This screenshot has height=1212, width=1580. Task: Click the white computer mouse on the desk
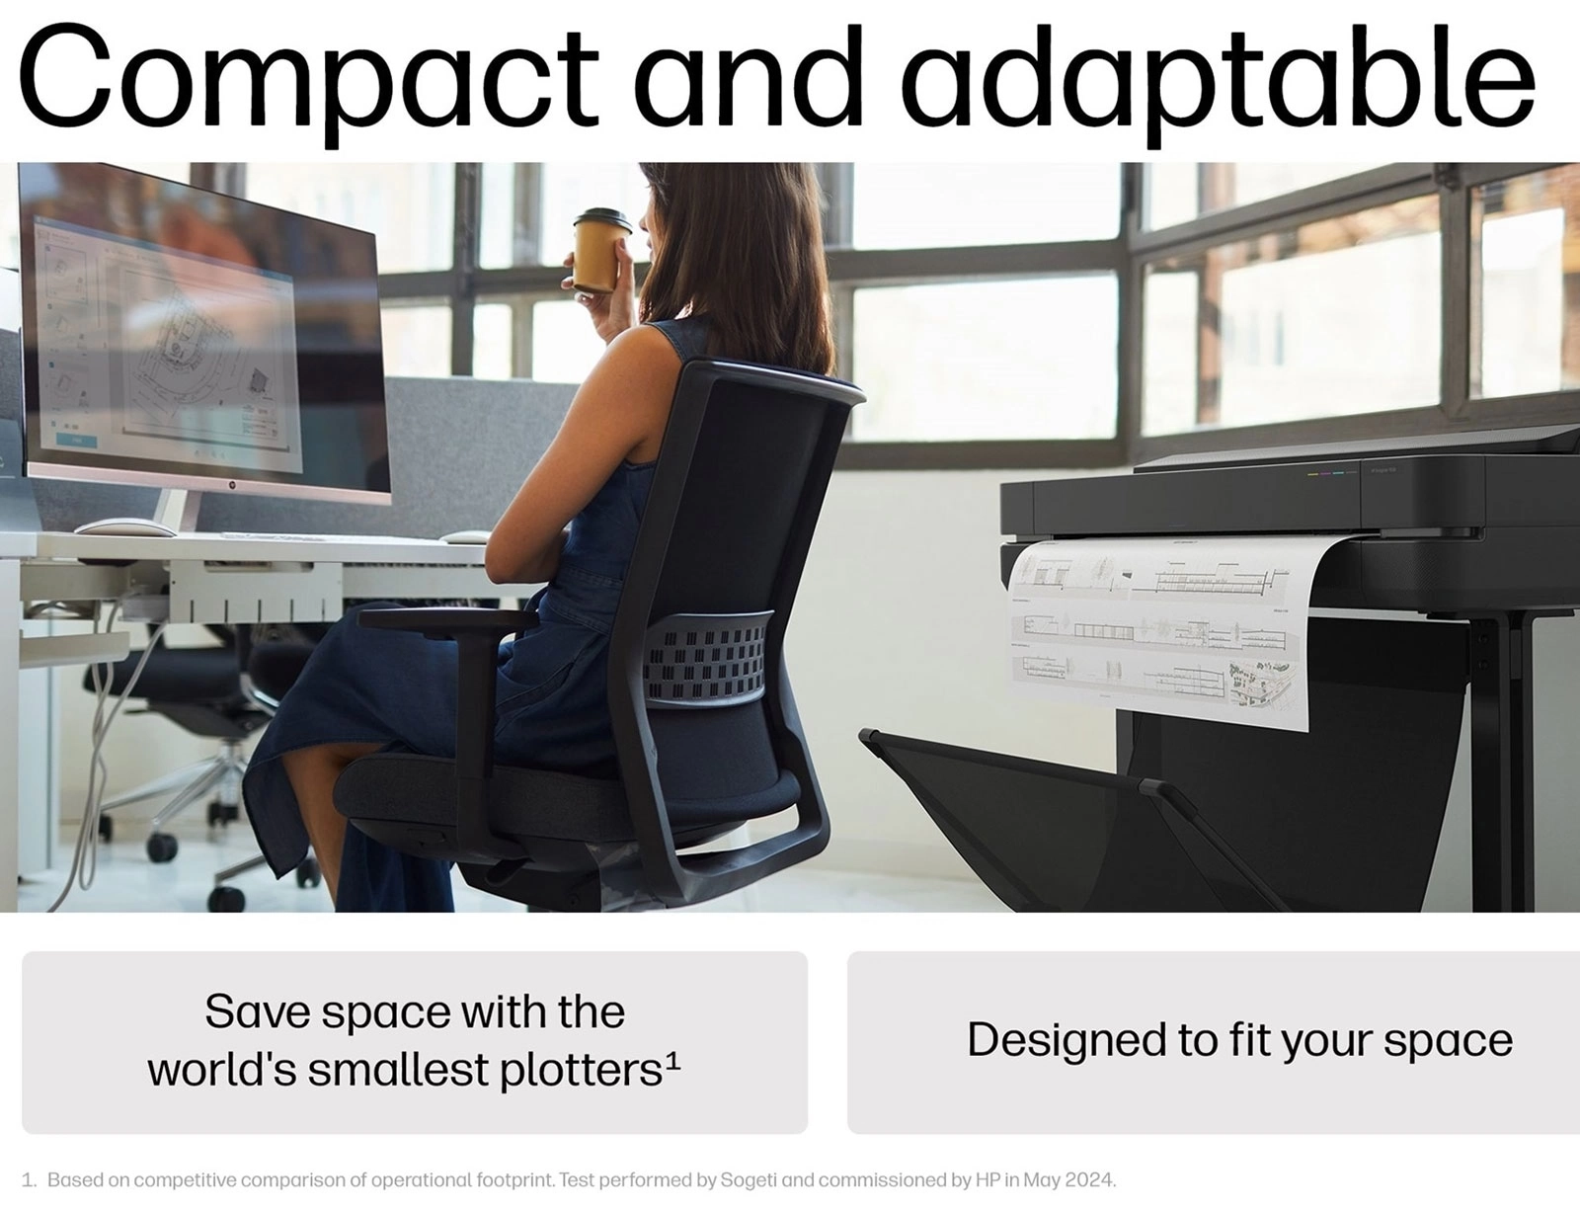(x=124, y=527)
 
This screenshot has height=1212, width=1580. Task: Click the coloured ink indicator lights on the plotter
(x=1333, y=473)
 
